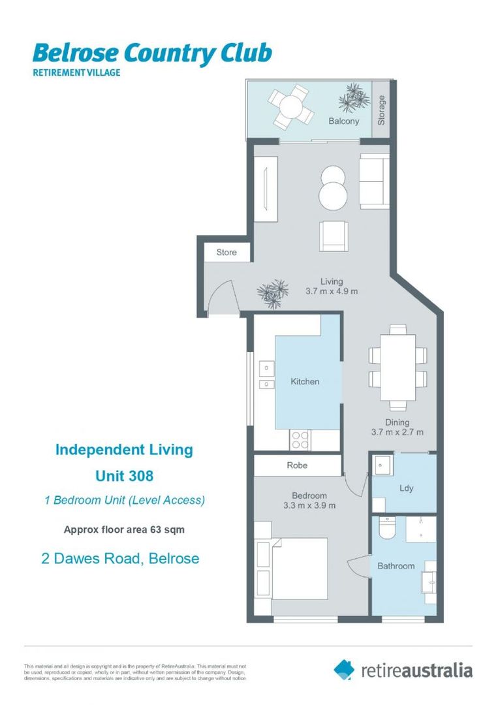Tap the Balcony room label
coord(343,121)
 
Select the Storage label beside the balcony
coord(382,110)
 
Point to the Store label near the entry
coord(226,252)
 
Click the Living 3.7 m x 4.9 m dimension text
coord(332,287)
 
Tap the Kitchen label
coord(305,381)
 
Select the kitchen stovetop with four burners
coord(300,439)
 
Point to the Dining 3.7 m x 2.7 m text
coord(397,427)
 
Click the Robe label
coord(297,465)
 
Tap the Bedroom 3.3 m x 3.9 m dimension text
coord(309,501)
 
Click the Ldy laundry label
coord(406,488)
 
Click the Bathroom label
coord(396,566)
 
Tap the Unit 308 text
coord(124,476)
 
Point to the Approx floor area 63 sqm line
coord(124,529)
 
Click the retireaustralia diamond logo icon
coord(344,668)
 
